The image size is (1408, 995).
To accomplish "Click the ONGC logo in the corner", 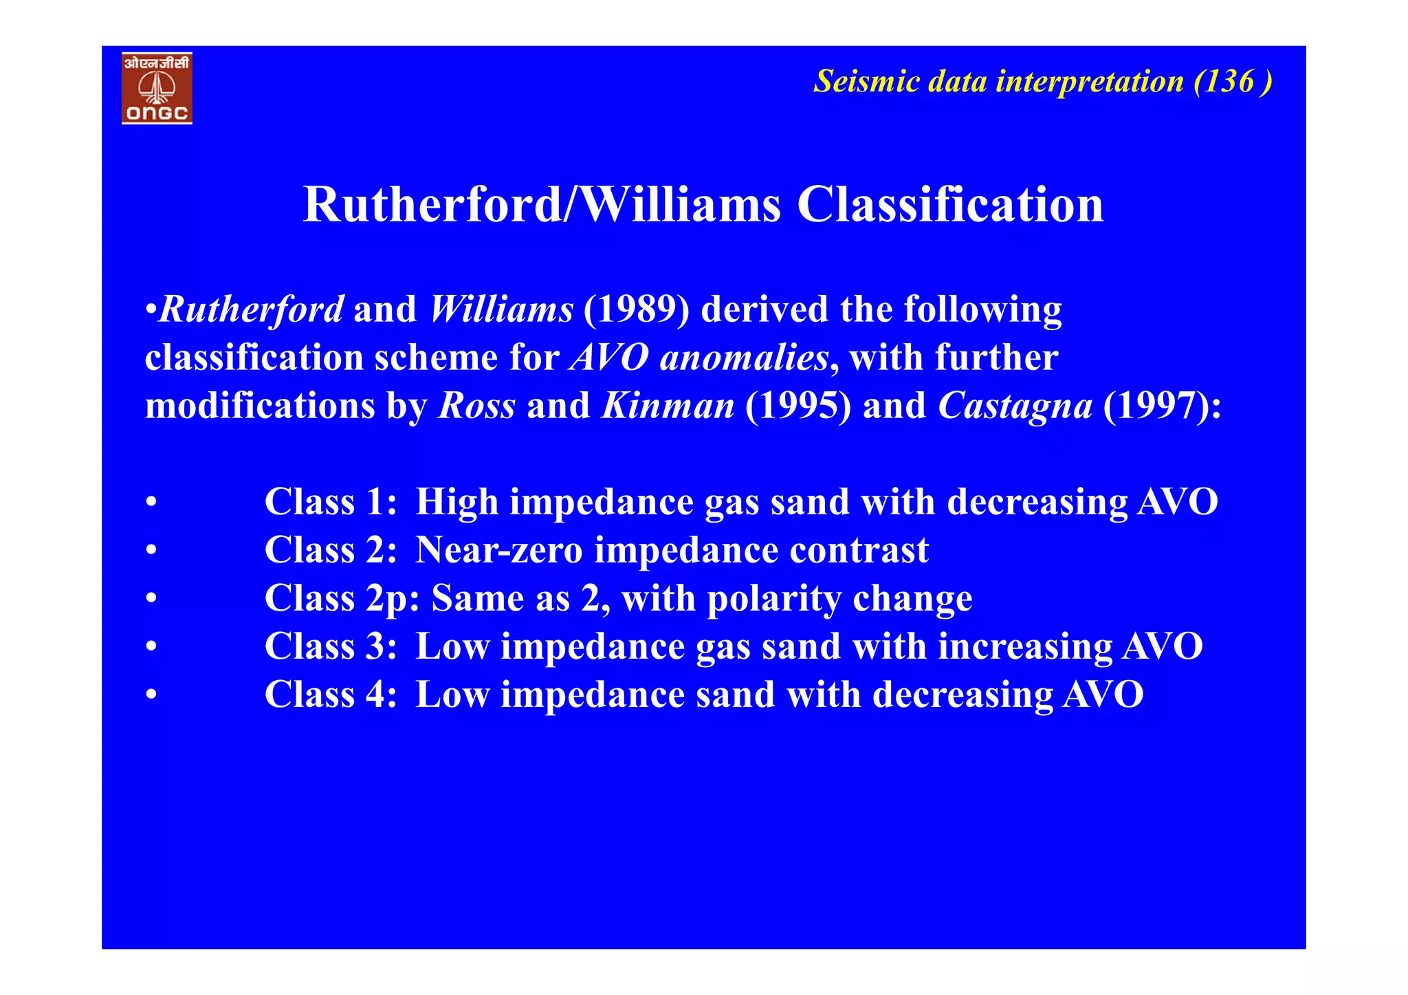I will (x=157, y=88).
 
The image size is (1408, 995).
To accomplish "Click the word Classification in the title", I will (x=950, y=205).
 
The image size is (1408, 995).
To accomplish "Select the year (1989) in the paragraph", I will (x=636, y=309).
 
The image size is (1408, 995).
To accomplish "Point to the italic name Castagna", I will (x=1015, y=406).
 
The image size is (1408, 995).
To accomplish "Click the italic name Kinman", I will (x=668, y=406).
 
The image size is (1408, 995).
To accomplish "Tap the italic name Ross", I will (x=476, y=406).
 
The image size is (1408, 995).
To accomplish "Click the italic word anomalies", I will (x=744, y=358).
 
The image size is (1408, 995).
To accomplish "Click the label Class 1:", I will (x=331, y=502).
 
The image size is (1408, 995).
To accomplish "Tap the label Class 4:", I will (x=331, y=695).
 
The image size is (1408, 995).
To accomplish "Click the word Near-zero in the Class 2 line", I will (x=499, y=550).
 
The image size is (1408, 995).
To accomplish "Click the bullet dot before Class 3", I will (x=151, y=647).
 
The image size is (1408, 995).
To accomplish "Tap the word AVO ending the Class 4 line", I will (x=1103, y=695).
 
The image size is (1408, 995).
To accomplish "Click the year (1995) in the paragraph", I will (x=797, y=406).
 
